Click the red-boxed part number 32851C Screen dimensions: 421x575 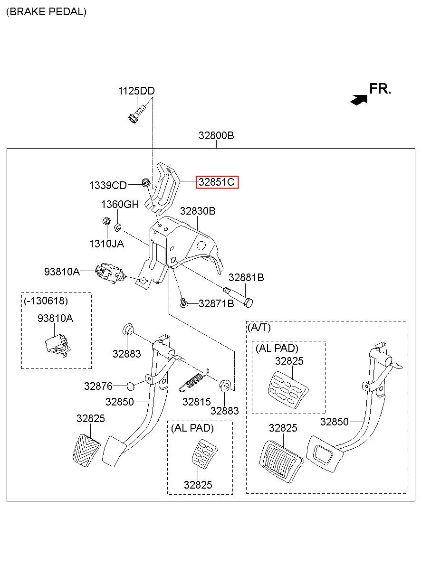[x=217, y=182]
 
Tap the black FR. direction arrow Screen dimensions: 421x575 [x=359, y=100]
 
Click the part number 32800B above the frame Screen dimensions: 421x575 [x=216, y=135]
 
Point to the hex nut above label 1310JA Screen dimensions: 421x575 [x=106, y=221]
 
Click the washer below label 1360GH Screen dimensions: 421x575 [x=118, y=227]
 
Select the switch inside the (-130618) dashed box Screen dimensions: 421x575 [x=58, y=345]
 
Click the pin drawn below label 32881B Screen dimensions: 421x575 [x=238, y=297]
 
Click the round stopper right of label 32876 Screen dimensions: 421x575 [x=131, y=386]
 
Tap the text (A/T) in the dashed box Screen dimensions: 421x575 [x=259, y=327]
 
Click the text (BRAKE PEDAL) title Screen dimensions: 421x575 [x=47, y=12]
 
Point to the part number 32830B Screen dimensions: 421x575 [x=198, y=211]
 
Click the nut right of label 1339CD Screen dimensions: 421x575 [x=146, y=182]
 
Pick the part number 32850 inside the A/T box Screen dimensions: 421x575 [x=334, y=422]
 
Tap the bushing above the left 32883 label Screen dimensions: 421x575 [x=128, y=330]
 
